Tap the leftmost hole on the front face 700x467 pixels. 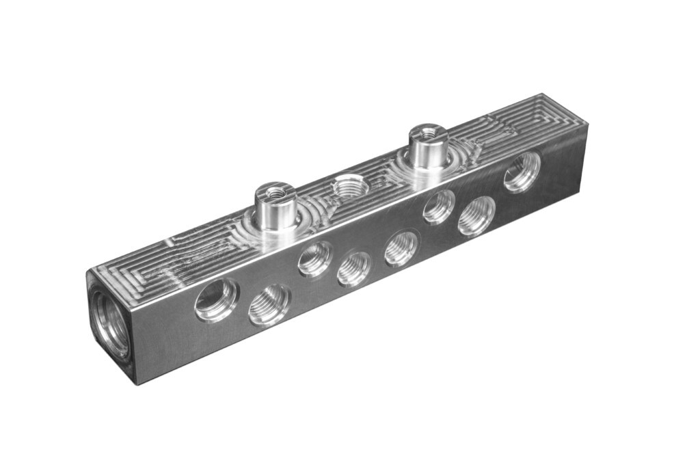pyautogui.click(x=216, y=299)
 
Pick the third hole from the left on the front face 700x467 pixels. pyautogui.click(x=315, y=258)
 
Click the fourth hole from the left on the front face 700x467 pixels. pyautogui.click(x=355, y=268)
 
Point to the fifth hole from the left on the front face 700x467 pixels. pyautogui.click(x=401, y=248)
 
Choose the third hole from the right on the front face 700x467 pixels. pyautogui.click(x=438, y=206)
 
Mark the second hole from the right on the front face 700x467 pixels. pyautogui.click(x=476, y=216)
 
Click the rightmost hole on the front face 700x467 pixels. pyautogui.click(x=522, y=172)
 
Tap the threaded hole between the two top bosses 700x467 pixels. pyautogui.click(x=349, y=185)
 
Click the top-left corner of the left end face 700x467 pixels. pyautogui.click(x=87, y=271)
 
